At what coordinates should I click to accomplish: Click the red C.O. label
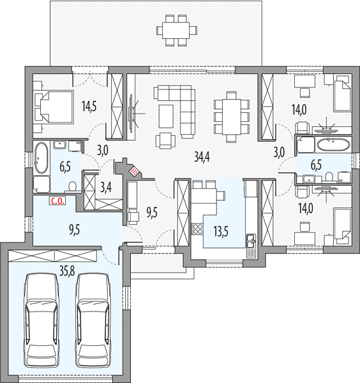(57, 201)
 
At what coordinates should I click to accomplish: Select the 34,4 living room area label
(202, 156)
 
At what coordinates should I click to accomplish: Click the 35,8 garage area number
(68, 270)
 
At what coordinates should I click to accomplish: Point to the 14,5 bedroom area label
(89, 107)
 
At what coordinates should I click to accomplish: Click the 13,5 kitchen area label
(221, 231)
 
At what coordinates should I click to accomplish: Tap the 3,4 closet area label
(106, 188)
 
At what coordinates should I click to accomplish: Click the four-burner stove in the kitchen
(198, 229)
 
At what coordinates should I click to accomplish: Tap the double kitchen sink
(251, 241)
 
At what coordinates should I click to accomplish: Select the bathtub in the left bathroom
(41, 158)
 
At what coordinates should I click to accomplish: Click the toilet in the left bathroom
(72, 187)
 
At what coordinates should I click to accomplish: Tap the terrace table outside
(176, 30)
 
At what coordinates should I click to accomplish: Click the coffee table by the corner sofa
(166, 116)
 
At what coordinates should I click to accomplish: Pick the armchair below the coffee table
(165, 140)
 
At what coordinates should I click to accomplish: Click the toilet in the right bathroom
(329, 177)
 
